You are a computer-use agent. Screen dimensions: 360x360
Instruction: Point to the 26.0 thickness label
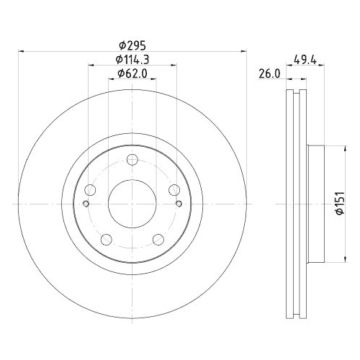point(269,73)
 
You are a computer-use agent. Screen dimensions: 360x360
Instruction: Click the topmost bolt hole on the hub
point(132,161)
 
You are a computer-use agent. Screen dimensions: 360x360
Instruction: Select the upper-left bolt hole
point(90,191)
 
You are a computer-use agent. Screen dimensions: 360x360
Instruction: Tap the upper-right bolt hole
point(174,190)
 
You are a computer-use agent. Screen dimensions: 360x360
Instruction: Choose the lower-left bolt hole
point(106,240)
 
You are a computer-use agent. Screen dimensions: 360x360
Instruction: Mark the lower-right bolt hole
point(158,240)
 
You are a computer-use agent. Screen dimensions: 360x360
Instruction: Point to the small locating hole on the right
point(178,204)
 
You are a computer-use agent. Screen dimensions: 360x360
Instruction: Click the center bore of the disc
point(132,204)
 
